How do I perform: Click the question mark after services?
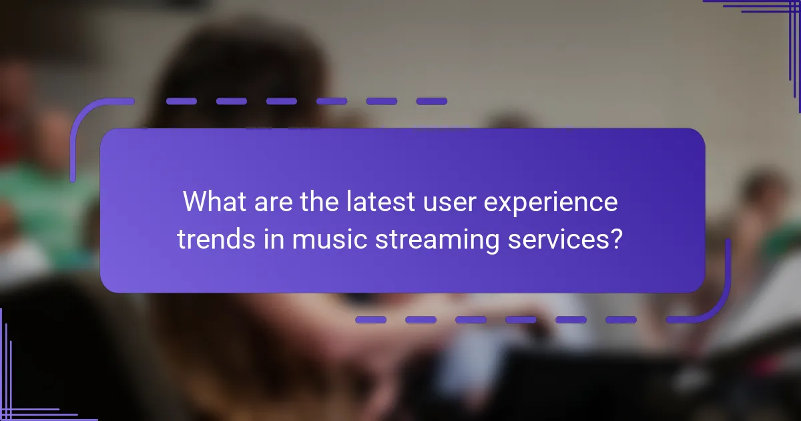[x=617, y=239]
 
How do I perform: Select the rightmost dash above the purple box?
[x=431, y=102]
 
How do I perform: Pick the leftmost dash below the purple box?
[x=370, y=320]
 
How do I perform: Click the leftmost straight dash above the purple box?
[x=181, y=102]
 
